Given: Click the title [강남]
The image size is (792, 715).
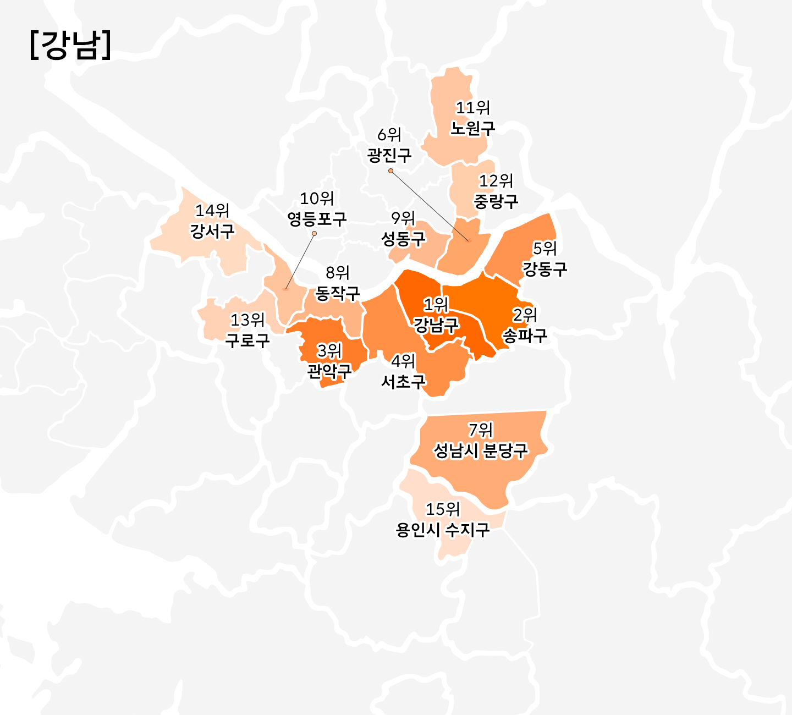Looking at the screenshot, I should coord(70,45).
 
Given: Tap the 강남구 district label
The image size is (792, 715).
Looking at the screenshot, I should coord(436,325).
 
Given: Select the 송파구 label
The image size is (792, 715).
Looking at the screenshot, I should coord(525,335).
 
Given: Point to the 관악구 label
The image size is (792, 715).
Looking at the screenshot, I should coord(329,371).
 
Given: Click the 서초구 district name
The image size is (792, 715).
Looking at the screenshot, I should coord(403,381).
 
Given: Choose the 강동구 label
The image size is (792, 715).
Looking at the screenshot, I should coord(544,269).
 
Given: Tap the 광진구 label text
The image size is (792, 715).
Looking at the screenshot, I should coord(389,155).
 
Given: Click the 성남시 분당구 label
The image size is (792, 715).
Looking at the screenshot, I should coord(481,450).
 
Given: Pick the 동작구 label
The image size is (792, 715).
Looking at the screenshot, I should coord(338,293).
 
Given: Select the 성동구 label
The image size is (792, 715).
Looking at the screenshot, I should coord(403,239).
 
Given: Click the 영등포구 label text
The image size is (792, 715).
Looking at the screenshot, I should coord(317,219).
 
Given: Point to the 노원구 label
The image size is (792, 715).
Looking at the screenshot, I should coord(472,128).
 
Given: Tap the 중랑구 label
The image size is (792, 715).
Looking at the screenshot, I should coord(496,201).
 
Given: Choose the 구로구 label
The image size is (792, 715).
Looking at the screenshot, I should coord(248,340).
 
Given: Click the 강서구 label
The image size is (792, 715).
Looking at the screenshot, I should coord(212,231).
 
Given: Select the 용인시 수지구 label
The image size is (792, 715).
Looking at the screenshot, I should coord(443,530).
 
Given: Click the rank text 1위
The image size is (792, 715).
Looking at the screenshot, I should coord(436,304).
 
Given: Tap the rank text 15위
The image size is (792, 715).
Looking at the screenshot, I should coord(443,509).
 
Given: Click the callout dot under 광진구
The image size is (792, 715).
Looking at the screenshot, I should coord(391,171).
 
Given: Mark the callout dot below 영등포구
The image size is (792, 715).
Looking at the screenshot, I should coord(314,234).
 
